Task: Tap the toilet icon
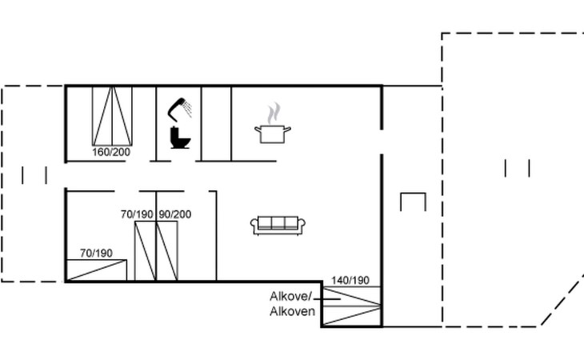[x=180, y=138]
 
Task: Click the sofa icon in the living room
[x=278, y=226]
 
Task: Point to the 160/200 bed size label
[x=111, y=152]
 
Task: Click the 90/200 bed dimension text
[x=175, y=214]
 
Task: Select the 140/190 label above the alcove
[x=350, y=280]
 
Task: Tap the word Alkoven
[x=292, y=311]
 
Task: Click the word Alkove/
[x=290, y=297]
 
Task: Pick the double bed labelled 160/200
[x=112, y=116]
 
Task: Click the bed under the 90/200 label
[x=167, y=251]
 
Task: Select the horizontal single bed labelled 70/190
[x=96, y=270]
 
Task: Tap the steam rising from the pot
[x=274, y=114]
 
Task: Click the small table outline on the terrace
[x=413, y=194]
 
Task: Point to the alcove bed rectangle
[x=351, y=306]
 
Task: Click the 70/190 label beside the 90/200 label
[x=137, y=214]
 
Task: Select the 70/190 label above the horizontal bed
[x=96, y=253]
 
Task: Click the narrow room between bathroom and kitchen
[x=216, y=124]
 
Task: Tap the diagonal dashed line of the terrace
[x=562, y=301]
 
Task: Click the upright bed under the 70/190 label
[x=145, y=251]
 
